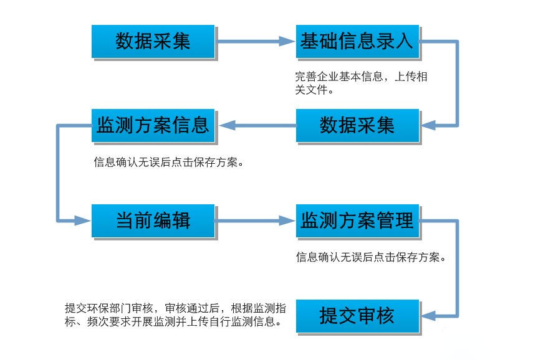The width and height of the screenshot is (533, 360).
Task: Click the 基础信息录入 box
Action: click(x=357, y=41)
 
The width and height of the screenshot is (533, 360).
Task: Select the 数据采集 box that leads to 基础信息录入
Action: click(x=153, y=41)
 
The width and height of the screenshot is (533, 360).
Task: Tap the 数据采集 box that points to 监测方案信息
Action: click(x=357, y=125)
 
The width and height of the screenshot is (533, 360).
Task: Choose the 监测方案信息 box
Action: click(x=153, y=125)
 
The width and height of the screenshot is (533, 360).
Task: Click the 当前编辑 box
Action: click(x=153, y=220)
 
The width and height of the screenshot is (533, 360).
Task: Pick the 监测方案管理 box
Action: click(x=357, y=220)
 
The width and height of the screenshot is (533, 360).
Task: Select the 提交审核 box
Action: click(x=357, y=316)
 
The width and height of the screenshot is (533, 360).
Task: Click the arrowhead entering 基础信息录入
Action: click(x=287, y=42)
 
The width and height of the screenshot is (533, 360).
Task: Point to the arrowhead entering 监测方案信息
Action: click(x=227, y=125)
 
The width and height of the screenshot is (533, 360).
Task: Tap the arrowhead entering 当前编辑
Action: click(x=83, y=220)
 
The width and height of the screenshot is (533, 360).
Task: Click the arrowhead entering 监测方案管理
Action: click(x=287, y=220)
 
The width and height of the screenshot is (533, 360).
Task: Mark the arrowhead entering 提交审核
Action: click(x=429, y=316)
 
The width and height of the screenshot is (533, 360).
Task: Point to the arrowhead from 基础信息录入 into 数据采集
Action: click(x=429, y=125)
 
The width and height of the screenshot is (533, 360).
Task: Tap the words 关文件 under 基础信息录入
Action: click(x=311, y=90)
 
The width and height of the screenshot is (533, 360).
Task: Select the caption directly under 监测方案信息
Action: click(x=168, y=163)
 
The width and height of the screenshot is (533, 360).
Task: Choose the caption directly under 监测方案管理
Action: click(x=371, y=257)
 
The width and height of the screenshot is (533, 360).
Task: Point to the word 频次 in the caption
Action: click(x=98, y=321)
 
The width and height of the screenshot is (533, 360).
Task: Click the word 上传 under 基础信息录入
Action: click(x=405, y=77)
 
